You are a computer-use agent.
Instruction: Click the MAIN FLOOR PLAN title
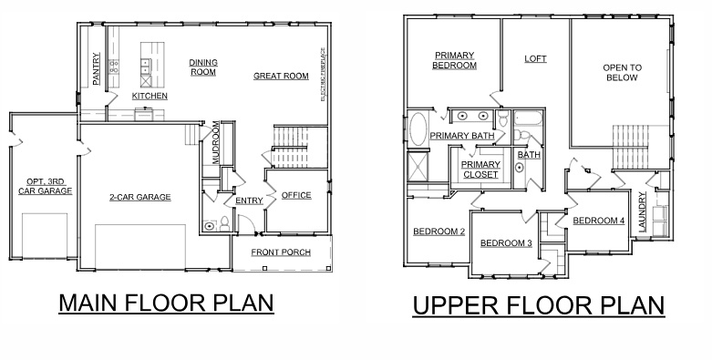coord(166,303)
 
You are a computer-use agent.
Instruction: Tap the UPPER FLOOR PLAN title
coord(538,305)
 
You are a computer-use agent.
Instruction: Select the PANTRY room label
coord(98,69)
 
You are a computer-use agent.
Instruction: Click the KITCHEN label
coord(150,96)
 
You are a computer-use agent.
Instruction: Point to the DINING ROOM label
coord(202,67)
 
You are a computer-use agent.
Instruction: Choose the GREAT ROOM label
coord(281,76)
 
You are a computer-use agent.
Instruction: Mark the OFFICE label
coord(296,195)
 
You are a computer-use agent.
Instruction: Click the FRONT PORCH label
coord(284,252)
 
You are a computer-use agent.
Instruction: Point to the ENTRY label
coord(249,201)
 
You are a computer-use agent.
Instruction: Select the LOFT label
coord(535,59)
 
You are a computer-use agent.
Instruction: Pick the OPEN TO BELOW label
coord(622,72)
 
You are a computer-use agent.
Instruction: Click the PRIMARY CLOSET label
coord(480,170)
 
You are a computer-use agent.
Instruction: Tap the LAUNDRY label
coord(643,213)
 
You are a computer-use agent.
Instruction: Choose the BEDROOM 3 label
coord(506,242)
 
